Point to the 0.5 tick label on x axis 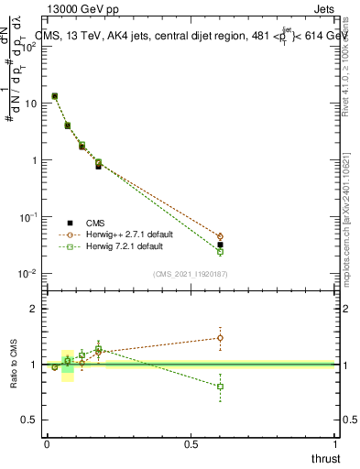pos(191,444)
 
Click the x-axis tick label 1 pos(334,444)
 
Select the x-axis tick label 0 pos(47,444)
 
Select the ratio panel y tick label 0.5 pos(33,420)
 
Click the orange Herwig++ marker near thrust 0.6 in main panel pos(220,236)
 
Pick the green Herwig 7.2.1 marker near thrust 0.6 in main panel pos(220,252)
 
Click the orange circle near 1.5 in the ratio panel pos(220,338)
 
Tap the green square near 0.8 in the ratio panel pos(220,387)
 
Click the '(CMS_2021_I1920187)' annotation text pos(190,274)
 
